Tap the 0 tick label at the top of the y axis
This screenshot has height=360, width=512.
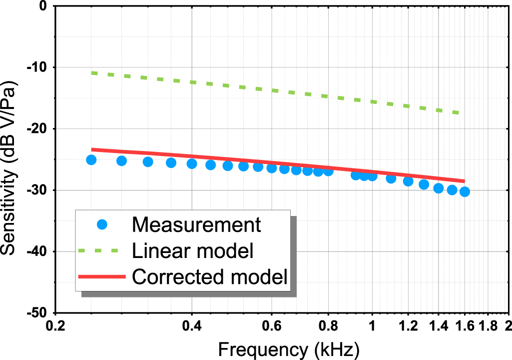click(x=43, y=6)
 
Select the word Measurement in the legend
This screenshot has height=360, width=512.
click(x=196, y=224)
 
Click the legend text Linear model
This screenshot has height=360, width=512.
click(x=193, y=250)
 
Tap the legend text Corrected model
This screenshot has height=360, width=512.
click(x=210, y=276)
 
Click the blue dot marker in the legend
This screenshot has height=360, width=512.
click(x=103, y=224)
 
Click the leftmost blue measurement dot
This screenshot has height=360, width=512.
click(x=91, y=160)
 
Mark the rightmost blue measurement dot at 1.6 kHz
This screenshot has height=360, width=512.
click(x=465, y=191)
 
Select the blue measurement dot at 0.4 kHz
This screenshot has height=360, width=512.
click(x=192, y=163)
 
